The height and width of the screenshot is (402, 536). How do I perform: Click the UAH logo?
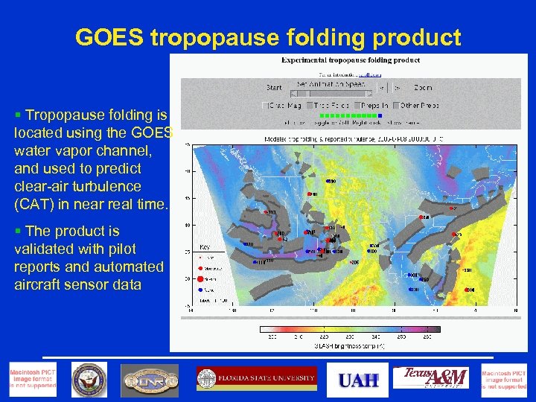[359, 380]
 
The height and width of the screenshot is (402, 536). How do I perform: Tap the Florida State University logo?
[256, 379]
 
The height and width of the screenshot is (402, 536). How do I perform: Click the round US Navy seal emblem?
[89, 380]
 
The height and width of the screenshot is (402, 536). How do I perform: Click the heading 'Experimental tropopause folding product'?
[350, 60]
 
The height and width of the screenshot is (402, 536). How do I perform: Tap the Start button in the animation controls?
[274, 88]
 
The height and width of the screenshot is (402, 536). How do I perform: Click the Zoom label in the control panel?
[422, 88]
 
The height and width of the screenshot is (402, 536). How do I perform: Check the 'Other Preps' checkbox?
[398, 105]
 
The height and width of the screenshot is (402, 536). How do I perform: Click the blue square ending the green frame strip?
[380, 115]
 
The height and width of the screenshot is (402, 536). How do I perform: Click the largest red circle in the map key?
[201, 280]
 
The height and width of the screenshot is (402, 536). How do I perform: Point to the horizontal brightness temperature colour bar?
[350, 329]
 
